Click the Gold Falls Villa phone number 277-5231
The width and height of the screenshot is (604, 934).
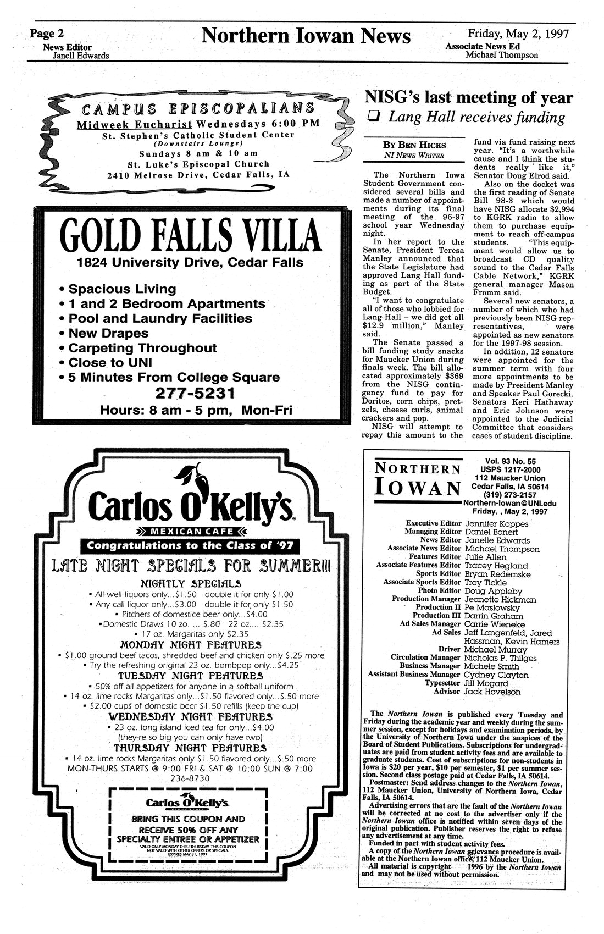196,393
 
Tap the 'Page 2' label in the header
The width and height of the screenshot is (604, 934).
47,34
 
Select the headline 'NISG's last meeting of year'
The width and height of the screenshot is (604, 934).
468,98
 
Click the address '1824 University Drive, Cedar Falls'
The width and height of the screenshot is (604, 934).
190,263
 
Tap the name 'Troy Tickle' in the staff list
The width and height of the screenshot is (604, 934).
486,582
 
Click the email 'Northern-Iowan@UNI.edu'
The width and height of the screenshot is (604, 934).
510,503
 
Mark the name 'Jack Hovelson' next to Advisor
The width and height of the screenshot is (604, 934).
492,692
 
